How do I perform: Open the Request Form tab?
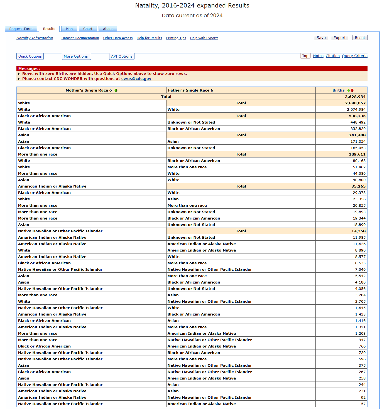pos(21,29)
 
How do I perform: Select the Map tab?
pos(69,29)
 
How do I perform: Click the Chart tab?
pos(88,29)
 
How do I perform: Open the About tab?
pos(108,29)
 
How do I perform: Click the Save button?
pos(321,38)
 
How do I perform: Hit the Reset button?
pos(360,38)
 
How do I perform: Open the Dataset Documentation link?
pos(80,38)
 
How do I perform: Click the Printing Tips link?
pos(176,38)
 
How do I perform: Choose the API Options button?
pos(122,56)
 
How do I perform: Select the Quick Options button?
pos(30,56)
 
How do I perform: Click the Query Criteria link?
pos(355,56)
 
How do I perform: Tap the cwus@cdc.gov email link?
pos(136,79)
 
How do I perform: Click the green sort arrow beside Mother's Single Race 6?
pos(116,90)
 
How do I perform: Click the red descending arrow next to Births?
pos(352,90)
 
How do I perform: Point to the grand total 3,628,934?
pos(355,97)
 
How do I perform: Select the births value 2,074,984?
pos(356,110)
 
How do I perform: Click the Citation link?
pos(333,56)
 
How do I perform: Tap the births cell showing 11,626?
pos(359,244)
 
